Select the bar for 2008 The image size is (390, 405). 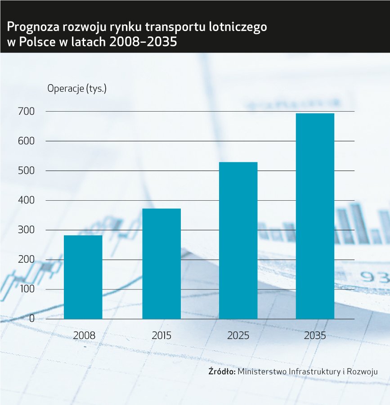click(x=83, y=277)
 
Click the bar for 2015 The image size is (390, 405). click(x=161, y=264)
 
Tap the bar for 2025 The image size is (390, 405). click(x=238, y=240)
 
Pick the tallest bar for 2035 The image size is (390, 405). click(x=315, y=216)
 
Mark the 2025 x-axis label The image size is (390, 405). click(x=238, y=335)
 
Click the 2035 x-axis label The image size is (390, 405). click(x=315, y=335)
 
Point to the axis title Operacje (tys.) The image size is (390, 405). click(x=77, y=88)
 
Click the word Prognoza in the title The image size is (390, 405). click(x=30, y=27)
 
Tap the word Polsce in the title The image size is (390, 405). click(x=33, y=43)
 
